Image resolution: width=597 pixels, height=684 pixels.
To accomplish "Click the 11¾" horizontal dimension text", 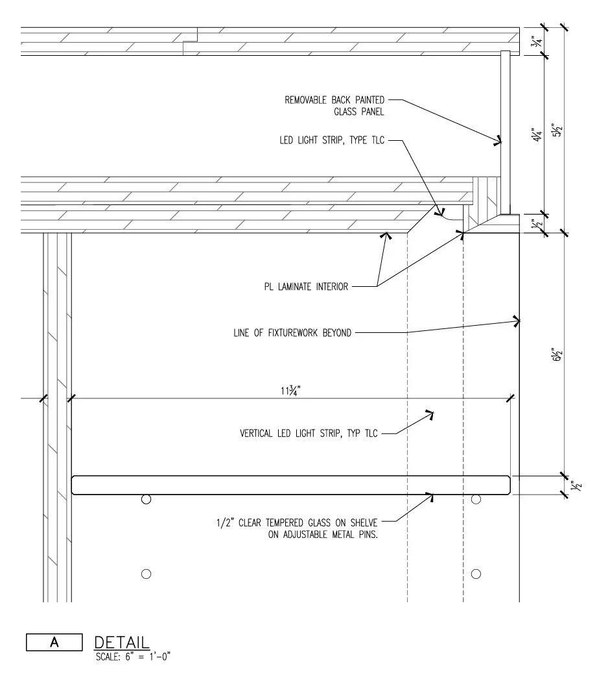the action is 289,391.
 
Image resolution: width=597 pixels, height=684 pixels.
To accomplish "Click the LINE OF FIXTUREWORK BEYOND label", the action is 292,334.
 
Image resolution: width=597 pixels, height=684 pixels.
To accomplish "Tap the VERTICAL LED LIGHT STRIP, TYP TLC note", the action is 309,433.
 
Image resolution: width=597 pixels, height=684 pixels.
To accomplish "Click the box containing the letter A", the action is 54,642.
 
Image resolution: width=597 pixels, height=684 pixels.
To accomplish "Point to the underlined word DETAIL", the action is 122,642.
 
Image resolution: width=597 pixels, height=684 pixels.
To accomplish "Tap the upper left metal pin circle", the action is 146,499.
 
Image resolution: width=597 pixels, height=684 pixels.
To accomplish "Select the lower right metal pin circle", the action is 476,574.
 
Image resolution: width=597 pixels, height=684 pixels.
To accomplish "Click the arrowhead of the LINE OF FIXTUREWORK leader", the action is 517,320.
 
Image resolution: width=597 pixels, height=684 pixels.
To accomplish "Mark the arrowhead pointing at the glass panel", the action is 498,139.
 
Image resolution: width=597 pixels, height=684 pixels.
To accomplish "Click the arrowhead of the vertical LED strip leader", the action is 429,413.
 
